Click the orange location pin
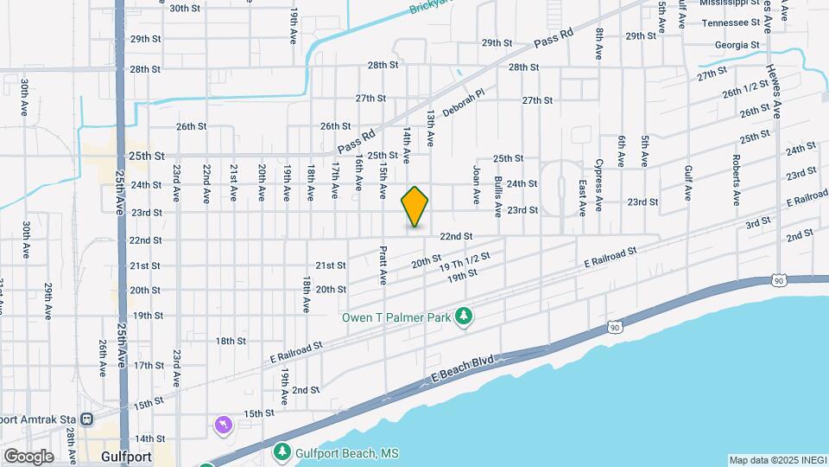[415, 206]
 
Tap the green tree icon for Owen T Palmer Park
[465, 317]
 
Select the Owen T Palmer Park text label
[397, 317]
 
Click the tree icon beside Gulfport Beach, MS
[282, 452]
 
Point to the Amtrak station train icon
[87, 419]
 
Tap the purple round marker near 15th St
[224, 425]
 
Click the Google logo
[28, 456]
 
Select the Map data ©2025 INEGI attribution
[777, 460]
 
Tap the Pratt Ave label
[383, 265]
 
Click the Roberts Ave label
[736, 180]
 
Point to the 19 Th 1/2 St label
[465, 262]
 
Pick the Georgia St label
[737, 45]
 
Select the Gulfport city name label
[126, 456]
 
